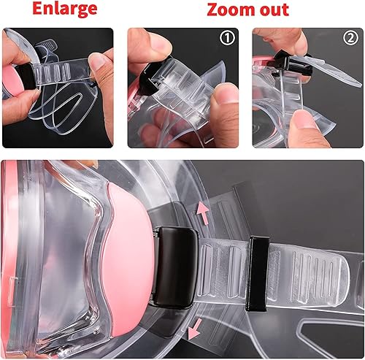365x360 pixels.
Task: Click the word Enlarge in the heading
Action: [x=65, y=9]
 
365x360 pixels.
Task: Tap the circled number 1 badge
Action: [x=227, y=38]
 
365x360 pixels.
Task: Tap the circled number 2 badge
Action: [x=350, y=38]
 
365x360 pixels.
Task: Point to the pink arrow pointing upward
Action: [x=204, y=213]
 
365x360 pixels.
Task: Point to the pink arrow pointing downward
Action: [x=195, y=329]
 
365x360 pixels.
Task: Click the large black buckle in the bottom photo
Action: [x=174, y=267]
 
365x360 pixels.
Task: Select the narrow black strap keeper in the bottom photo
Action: [x=257, y=274]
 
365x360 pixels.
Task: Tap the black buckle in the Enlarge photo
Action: [x=26, y=76]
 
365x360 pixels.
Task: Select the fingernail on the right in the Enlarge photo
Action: [x=97, y=63]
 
